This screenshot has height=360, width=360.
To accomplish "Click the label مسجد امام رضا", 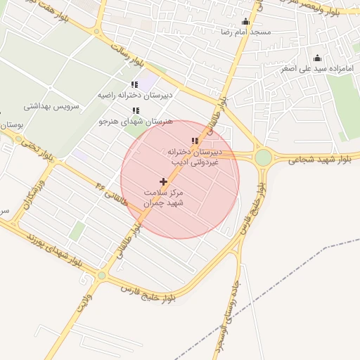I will [x=245, y=32].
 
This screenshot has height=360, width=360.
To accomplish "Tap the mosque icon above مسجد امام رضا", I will [x=245, y=21].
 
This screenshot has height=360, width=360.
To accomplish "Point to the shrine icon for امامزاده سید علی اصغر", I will [x=317, y=58].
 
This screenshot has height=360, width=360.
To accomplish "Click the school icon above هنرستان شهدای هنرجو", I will [x=136, y=110].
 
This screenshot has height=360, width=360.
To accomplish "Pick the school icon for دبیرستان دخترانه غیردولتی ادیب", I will [x=195, y=141].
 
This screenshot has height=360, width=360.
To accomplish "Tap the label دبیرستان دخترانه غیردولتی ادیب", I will [x=195, y=157].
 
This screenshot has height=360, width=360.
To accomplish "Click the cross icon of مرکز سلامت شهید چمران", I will [x=164, y=181].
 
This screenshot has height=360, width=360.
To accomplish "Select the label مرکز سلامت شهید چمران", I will [x=163, y=197].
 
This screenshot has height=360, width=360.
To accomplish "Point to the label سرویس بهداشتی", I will [x=52, y=107].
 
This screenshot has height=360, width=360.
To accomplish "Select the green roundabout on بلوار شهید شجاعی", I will [x=264, y=158].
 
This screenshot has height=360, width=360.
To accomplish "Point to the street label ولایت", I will [x=85, y=300].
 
